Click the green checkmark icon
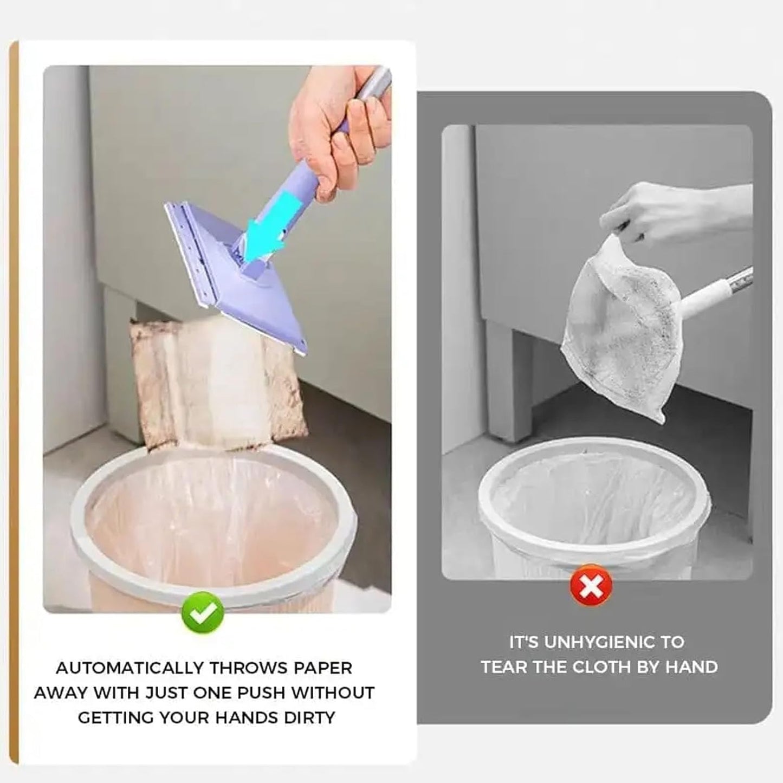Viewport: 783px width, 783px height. [203, 613]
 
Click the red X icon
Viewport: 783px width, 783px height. [591, 586]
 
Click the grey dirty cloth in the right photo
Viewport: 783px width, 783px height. [618, 325]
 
